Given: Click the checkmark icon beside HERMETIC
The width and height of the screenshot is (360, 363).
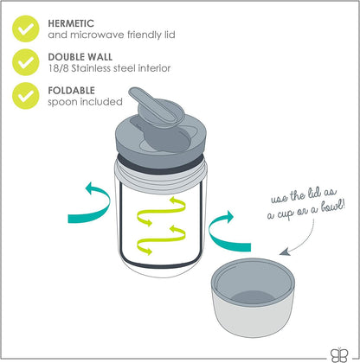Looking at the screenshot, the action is [26, 29].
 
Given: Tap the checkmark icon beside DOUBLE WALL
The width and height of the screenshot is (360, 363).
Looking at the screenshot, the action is [26, 62].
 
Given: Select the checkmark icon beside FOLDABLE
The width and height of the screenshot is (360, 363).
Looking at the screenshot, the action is [26, 96].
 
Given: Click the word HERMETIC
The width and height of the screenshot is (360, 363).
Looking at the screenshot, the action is [71, 23].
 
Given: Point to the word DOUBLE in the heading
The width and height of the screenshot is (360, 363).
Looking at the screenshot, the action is [64, 57].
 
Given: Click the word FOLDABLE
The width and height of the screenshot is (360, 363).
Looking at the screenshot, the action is [71, 91].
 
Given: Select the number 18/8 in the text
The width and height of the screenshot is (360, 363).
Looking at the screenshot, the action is [58, 68].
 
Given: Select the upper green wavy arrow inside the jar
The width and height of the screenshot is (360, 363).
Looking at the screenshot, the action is [161, 212].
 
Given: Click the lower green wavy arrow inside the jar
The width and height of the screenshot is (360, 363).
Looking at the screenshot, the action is [161, 240].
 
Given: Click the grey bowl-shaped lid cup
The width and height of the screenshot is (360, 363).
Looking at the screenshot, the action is [253, 297].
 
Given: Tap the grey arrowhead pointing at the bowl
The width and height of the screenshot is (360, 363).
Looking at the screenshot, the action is [285, 252].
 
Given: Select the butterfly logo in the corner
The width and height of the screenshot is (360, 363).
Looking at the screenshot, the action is [339, 354].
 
